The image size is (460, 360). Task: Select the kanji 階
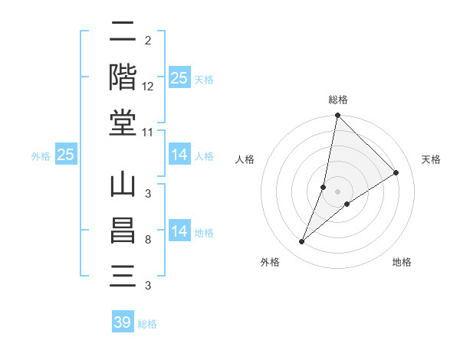pyautogui.click(x=123, y=77)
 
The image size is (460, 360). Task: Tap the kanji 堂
pyautogui.click(x=123, y=122)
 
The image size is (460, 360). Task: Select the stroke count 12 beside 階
pyautogui.click(x=148, y=86)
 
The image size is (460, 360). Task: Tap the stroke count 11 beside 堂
pyautogui.click(x=148, y=132)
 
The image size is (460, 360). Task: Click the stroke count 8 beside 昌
pyautogui.click(x=147, y=240)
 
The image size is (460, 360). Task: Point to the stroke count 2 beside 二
pyautogui.click(x=147, y=41)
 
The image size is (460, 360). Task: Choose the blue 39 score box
pyautogui.click(x=123, y=322)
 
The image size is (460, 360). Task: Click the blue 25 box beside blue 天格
pyautogui.click(x=179, y=78)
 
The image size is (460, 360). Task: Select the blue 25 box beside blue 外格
pyautogui.click(x=66, y=155)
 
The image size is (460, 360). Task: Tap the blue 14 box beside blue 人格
pyautogui.click(x=179, y=155)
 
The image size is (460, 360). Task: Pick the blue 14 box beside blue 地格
pyautogui.click(x=179, y=231)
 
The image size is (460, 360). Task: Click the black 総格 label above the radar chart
pyautogui.click(x=338, y=100)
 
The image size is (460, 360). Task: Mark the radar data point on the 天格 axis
pyautogui.click(x=396, y=172)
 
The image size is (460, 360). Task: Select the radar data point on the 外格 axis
pyautogui.click(x=302, y=242)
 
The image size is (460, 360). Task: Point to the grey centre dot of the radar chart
pyautogui.click(x=338, y=191)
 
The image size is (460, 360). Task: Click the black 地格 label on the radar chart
pyautogui.click(x=402, y=262)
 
